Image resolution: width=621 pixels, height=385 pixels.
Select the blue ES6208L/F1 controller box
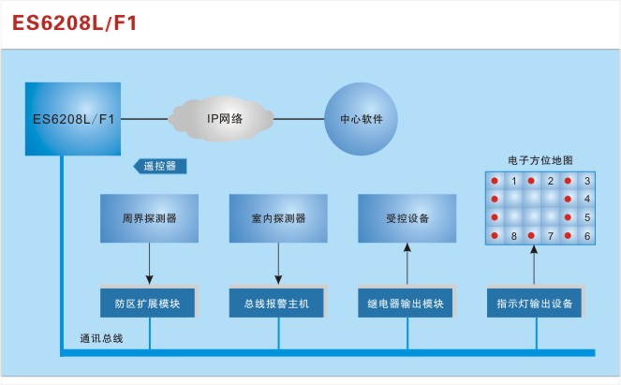pyautogui.click(x=74, y=119)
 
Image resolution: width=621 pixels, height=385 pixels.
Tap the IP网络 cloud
pyautogui.click(x=225, y=119)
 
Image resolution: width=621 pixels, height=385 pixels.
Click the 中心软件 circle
pyautogui.click(x=361, y=120)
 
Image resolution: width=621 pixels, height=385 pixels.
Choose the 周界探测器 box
pyautogui.click(x=150, y=218)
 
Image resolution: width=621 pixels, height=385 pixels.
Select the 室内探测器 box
pyautogui.click(x=279, y=218)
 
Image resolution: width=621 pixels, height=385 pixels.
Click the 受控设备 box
pyautogui.click(x=407, y=218)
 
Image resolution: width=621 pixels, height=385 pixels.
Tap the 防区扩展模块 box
pyautogui.click(x=150, y=304)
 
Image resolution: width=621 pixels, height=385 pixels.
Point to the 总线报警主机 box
pyautogui.click(x=279, y=304)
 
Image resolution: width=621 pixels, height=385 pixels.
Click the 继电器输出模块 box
pyautogui.click(x=407, y=304)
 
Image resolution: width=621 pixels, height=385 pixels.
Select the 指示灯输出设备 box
pyautogui.click(x=535, y=304)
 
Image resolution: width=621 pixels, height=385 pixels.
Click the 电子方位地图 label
pyautogui.click(x=540, y=161)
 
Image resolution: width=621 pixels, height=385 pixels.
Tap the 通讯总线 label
pyautogui.click(x=101, y=337)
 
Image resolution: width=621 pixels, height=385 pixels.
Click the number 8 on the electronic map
pyautogui.click(x=514, y=236)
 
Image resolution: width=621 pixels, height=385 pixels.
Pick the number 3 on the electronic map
pyautogui.click(x=587, y=181)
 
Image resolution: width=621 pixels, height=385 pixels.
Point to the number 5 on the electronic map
pyautogui.click(x=587, y=217)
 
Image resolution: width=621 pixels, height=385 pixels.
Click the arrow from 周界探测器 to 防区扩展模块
pyautogui.click(x=150, y=266)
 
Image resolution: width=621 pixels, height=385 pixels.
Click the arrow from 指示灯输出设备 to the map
pyautogui.click(x=535, y=266)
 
